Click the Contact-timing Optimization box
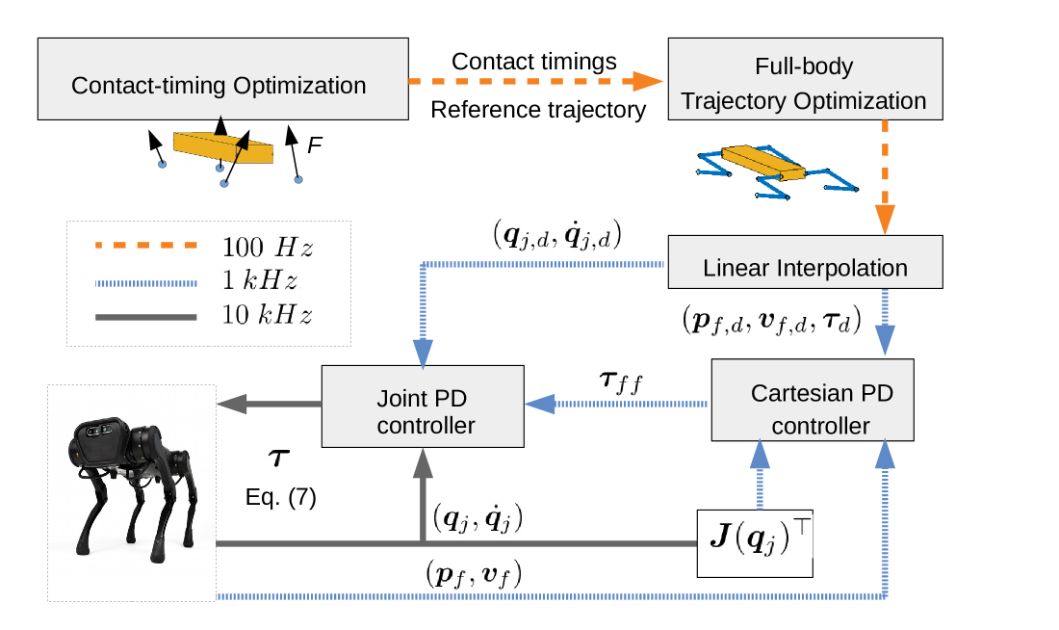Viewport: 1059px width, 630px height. click(219, 85)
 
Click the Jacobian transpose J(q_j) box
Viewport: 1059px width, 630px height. click(756, 542)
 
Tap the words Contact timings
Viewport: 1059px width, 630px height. click(534, 62)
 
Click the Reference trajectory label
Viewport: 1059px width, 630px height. click(537, 110)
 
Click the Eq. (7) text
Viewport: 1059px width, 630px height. click(278, 499)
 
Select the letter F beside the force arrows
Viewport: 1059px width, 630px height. click(314, 145)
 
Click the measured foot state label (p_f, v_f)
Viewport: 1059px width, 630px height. click(475, 575)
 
